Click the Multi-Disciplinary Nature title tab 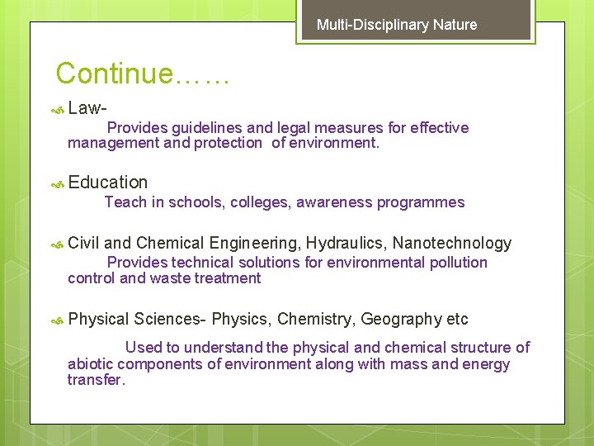(x=397, y=25)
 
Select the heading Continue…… (x=142, y=74)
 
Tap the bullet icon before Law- (x=58, y=109)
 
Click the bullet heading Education (x=108, y=183)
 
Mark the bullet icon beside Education (x=58, y=184)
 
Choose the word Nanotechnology (x=452, y=243)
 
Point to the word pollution (x=458, y=263)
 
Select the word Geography (x=402, y=319)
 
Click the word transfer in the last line (x=95, y=380)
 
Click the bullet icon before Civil (x=58, y=244)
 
